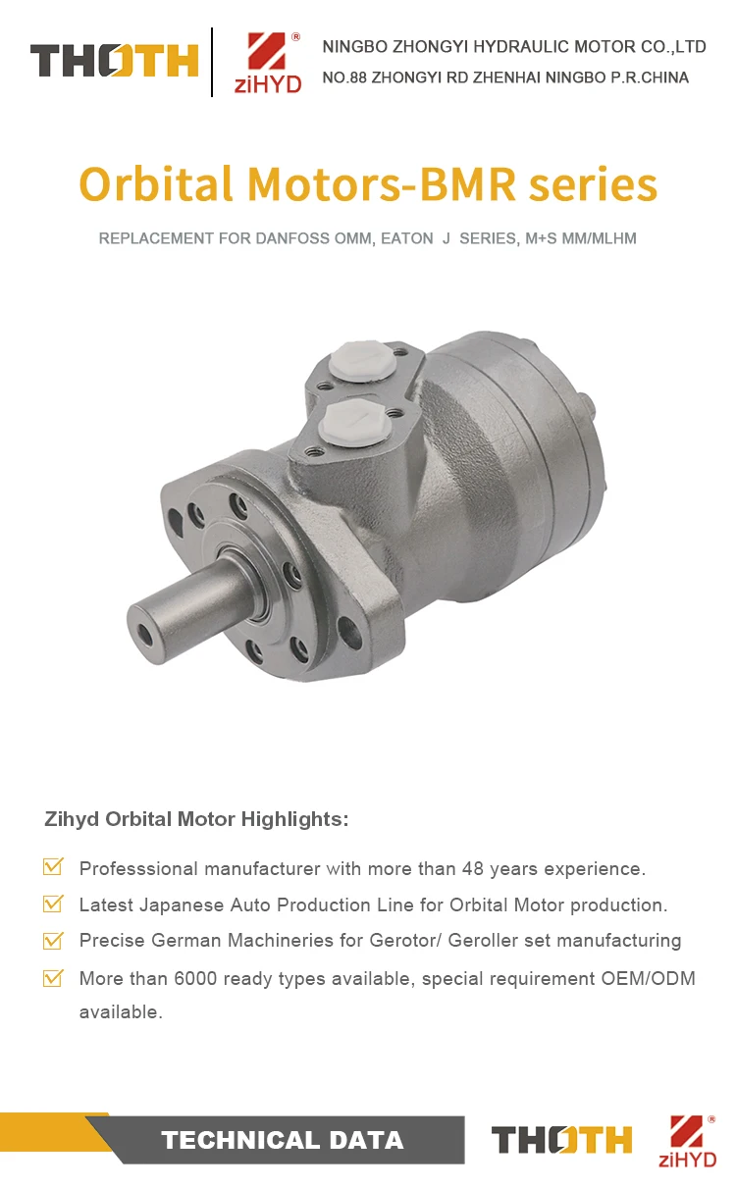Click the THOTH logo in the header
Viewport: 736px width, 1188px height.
point(114,61)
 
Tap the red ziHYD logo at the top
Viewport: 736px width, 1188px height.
point(267,61)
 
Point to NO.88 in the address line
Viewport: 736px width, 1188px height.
point(343,77)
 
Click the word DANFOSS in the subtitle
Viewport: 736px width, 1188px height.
point(296,238)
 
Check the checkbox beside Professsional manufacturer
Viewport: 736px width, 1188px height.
point(54,867)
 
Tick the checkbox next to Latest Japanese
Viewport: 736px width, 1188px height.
point(54,904)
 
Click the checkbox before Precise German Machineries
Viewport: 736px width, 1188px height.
point(54,940)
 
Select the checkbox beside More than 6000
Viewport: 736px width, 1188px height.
point(54,977)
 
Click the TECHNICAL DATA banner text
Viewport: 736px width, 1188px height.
point(283,1140)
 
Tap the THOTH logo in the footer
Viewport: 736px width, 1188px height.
point(562,1140)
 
